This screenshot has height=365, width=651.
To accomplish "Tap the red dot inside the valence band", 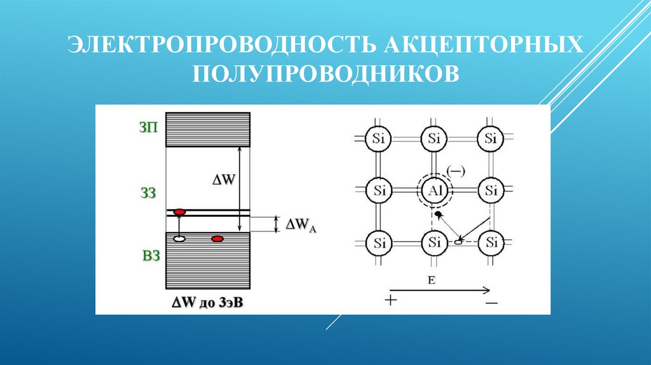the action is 217,239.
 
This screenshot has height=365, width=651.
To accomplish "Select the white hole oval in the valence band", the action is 179,239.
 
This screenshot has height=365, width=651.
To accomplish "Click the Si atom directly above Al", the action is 435,138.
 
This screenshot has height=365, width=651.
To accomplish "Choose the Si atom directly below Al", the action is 435,242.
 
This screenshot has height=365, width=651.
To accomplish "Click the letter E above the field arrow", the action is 431,279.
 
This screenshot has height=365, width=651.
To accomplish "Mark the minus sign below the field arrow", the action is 491,303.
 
